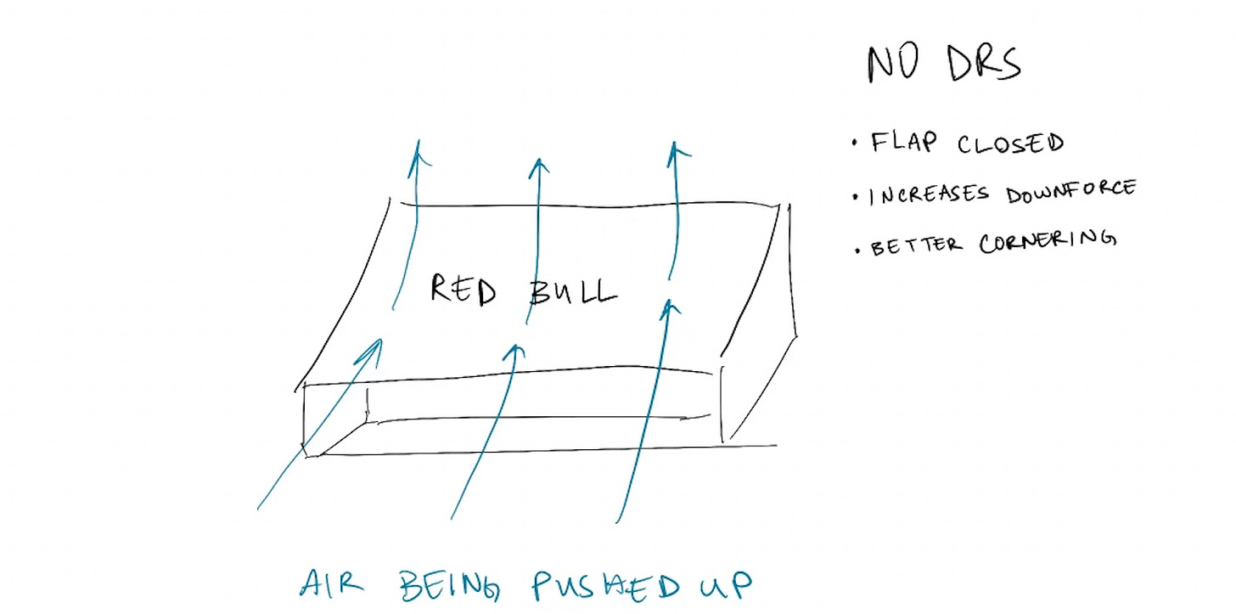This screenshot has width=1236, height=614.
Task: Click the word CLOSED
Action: point(1010,144)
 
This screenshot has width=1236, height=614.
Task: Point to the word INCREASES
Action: point(929,194)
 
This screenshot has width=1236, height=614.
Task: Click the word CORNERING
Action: point(1045,242)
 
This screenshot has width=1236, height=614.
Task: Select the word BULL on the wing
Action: point(572,292)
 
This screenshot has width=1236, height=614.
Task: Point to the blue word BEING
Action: point(452,584)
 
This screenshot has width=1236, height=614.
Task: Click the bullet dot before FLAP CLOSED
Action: point(854,144)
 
